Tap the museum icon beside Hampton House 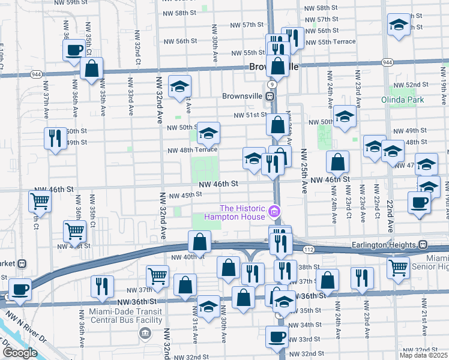click(x=274, y=211)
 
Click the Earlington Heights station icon click(x=423, y=244)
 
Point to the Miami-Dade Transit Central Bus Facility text click(x=126, y=316)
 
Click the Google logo click(x=20, y=353)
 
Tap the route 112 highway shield click(x=309, y=248)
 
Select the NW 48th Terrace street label click(x=192, y=151)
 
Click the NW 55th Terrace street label click(x=330, y=41)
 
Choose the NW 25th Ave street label click(x=304, y=171)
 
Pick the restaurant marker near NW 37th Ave click(x=56, y=138)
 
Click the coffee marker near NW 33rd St click(x=277, y=337)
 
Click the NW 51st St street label click(x=250, y=115)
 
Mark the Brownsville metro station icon click(x=270, y=95)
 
